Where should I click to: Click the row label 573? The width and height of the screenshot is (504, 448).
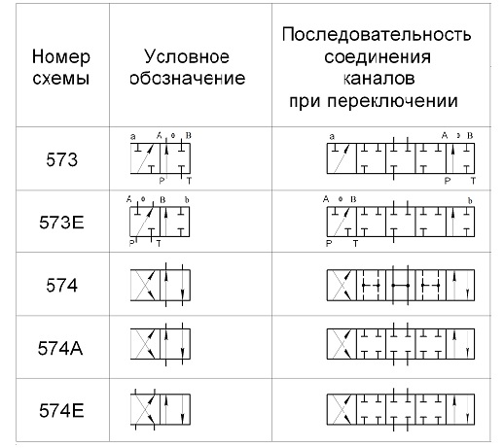point(61,159)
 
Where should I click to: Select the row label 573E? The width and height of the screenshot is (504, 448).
point(61,223)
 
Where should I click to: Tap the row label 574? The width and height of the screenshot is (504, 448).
point(61,286)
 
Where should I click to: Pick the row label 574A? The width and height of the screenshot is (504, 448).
point(60,348)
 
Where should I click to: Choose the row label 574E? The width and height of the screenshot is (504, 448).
point(61,410)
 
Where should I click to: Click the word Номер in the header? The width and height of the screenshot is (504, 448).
point(61,57)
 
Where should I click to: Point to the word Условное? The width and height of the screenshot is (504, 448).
point(187,57)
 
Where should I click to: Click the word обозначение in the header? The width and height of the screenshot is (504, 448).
point(188,79)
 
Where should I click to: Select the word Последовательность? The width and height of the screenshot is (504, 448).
point(377,34)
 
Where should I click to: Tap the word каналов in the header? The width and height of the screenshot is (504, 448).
point(378,79)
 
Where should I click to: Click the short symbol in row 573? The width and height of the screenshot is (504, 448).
point(161,158)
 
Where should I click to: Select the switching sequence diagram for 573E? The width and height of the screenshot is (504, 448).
point(400,222)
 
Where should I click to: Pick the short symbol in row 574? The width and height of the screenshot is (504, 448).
point(161,285)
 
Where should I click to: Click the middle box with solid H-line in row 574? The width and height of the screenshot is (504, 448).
point(401,285)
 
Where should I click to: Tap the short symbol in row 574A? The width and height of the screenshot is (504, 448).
point(161,344)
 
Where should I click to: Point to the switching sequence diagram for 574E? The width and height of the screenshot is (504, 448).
point(401,409)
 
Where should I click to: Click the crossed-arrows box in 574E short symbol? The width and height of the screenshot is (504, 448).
point(145,409)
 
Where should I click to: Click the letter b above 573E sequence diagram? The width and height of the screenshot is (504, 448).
point(470,201)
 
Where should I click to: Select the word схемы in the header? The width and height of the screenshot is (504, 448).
point(61,79)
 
